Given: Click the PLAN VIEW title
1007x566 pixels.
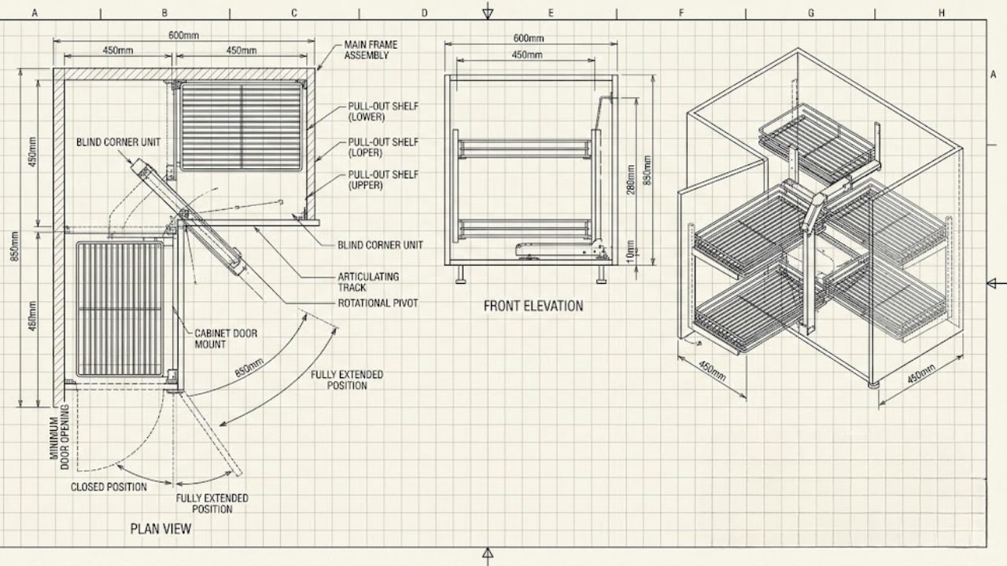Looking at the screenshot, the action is (x=160, y=529).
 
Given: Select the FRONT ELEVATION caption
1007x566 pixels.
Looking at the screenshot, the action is (x=533, y=306).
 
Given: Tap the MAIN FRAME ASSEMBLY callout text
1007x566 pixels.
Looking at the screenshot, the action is (x=371, y=50).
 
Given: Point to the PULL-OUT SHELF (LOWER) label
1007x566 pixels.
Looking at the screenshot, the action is (x=383, y=112).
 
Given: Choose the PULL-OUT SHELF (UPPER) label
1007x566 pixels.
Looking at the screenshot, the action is (x=383, y=180).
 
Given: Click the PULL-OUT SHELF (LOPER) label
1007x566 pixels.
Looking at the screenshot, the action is (x=383, y=147).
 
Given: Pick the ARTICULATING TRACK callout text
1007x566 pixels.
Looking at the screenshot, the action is (x=368, y=282).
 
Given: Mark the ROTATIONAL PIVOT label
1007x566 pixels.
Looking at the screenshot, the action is (x=378, y=303).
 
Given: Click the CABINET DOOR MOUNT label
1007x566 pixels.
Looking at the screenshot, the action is (x=226, y=339).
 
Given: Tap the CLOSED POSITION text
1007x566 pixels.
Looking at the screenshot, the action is (x=109, y=487).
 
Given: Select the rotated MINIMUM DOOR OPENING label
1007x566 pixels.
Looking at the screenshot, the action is (x=59, y=437).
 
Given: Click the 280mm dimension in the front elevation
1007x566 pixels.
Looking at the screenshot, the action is (x=630, y=180).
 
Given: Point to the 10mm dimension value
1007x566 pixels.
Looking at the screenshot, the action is (x=630, y=252).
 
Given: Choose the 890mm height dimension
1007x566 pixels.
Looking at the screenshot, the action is (x=647, y=171).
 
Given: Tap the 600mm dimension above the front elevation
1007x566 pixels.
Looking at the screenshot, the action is (x=529, y=39).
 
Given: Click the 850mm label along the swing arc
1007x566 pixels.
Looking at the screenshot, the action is (x=249, y=368).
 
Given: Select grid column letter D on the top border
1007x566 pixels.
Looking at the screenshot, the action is (x=424, y=13).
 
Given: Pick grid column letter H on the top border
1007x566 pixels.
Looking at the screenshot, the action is (x=942, y=13).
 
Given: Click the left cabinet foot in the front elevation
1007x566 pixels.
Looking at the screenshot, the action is (x=460, y=275).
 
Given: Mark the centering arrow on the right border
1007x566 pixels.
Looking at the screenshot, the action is (x=997, y=283).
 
